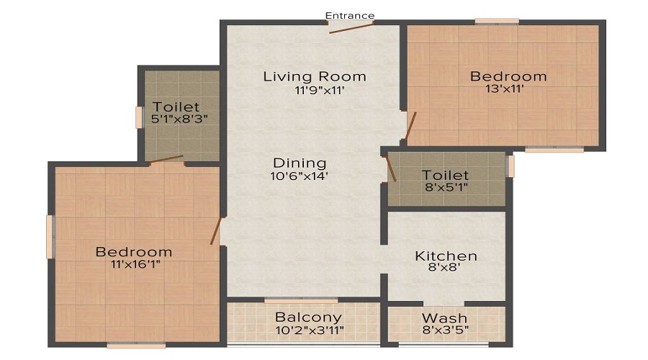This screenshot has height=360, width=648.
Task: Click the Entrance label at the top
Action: pyautogui.click(x=350, y=16)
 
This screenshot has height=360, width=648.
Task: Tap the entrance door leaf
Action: pyautogui.click(x=351, y=28)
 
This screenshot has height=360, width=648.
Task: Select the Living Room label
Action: pyautogui.click(x=315, y=76)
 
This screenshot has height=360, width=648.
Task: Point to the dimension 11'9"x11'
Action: pyautogui.click(x=320, y=90)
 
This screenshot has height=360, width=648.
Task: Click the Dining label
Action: pyautogui.click(x=300, y=163)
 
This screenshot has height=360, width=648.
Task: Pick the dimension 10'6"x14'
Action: pyautogui.click(x=300, y=176)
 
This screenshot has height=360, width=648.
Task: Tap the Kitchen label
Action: pyautogui.click(x=446, y=256)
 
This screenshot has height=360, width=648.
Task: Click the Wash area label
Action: pyautogui.click(x=444, y=318)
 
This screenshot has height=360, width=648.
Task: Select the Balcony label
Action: pyautogui.click(x=308, y=318)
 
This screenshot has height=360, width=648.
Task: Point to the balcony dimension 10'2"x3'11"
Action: pyautogui.click(x=310, y=330)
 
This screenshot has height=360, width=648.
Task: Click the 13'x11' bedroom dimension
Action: pyautogui.click(x=505, y=89)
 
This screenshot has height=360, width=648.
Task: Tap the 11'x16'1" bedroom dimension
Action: pyautogui.click(x=135, y=264)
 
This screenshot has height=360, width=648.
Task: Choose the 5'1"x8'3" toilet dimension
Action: pyautogui.click(x=179, y=119)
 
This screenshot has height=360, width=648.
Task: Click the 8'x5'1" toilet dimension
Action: pyautogui.click(x=446, y=187)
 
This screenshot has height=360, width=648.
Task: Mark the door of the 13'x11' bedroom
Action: pyautogui.click(x=410, y=126)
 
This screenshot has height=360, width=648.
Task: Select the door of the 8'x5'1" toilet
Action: pyautogui.click(x=391, y=169)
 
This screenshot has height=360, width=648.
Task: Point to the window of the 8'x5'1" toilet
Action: pyautogui.click(x=510, y=166)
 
